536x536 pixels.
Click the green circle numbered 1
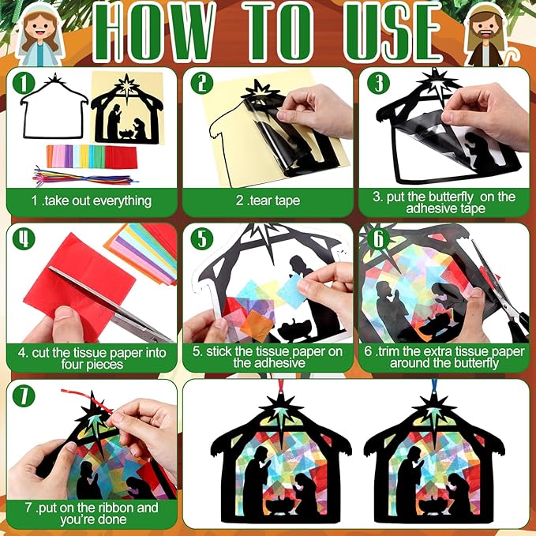pos(24,83)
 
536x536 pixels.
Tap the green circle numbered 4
pos(24,238)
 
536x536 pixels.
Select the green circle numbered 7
pos(24,395)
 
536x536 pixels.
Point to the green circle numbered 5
pos(201,238)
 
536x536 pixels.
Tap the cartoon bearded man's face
pos(486,28)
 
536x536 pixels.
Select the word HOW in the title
pos(155,32)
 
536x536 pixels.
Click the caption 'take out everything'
pos(98,201)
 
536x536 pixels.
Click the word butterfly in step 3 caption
pos(451,197)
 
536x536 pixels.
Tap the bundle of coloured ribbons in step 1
pos(84,176)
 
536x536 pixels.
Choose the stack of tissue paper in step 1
pos(92,156)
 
